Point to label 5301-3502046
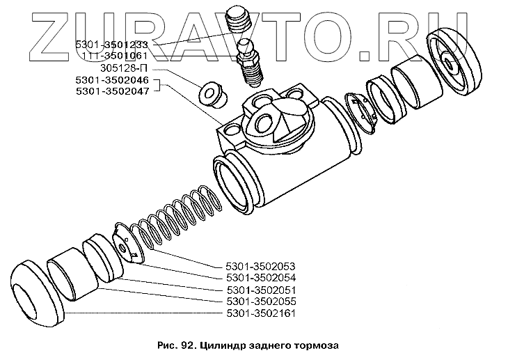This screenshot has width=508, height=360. pyautogui.click(x=113, y=81)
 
